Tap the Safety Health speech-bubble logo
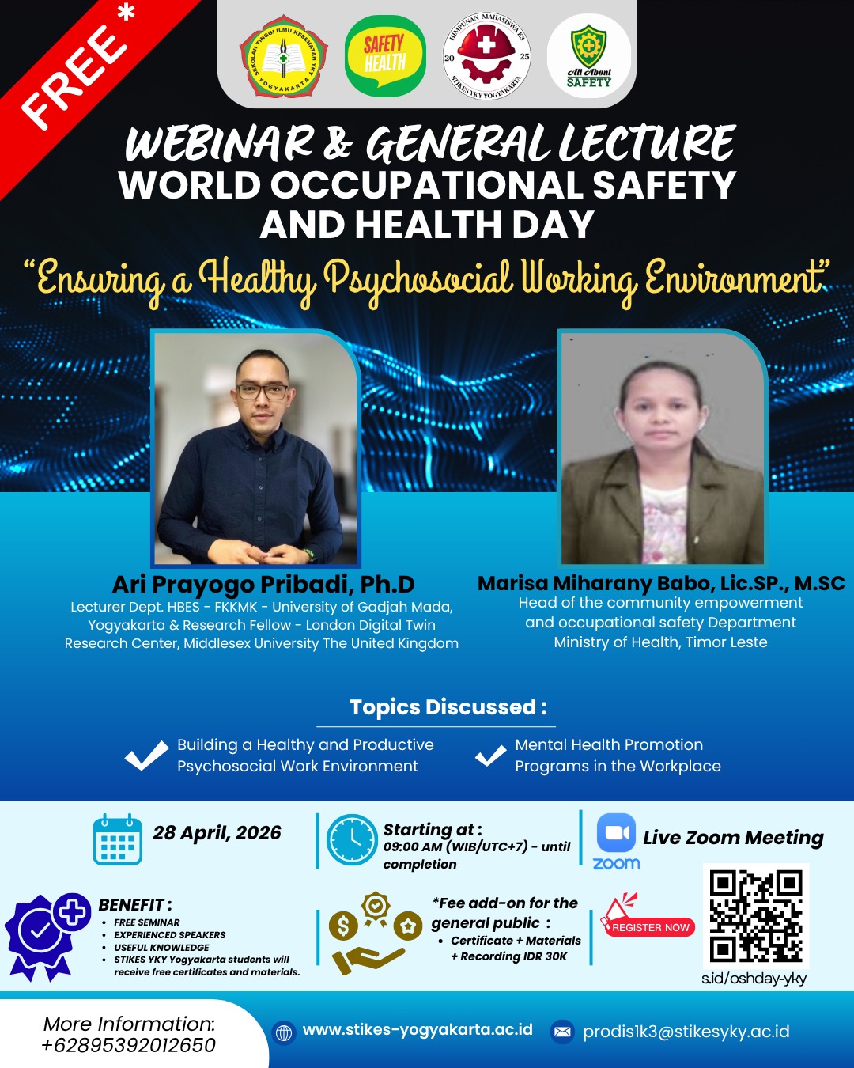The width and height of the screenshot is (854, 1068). (x=385, y=55)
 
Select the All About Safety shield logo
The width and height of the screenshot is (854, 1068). (x=589, y=55)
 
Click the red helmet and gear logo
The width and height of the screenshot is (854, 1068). (x=486, y=55)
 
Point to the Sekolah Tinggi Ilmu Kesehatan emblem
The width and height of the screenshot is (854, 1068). (x=283, y=55)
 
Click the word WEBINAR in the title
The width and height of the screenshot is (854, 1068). (x=219, y=143)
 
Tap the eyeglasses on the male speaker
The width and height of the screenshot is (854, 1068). (x=263, y=392)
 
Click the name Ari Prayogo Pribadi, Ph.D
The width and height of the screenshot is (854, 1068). (x=263, y=584)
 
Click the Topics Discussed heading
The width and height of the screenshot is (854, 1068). (x=448, y=706)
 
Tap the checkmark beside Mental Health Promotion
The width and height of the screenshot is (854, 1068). (x=491, y=755)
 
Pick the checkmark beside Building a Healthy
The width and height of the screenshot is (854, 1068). (x=147, y=755)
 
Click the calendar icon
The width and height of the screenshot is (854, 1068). (x=118, y=839)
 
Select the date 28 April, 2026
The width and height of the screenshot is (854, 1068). (x=217, y=832)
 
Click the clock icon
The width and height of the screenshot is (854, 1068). (x=352, y=839)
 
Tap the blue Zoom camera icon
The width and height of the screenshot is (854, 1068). (x=616, y=832)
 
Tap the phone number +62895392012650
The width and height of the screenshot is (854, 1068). (x=129, y=1045)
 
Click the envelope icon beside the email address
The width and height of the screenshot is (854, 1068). (x=562, y=1032)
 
